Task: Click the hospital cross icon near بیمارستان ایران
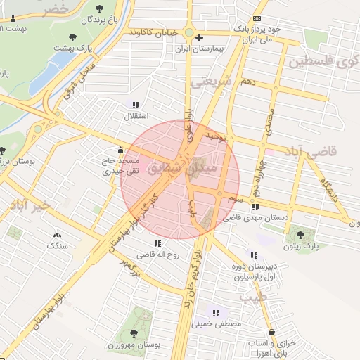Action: pos(200,37)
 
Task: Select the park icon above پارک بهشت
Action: pos(70,37)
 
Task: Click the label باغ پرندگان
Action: pos(87,20)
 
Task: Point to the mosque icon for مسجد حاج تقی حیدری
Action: pos(120,150)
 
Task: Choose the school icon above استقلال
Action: pos(135,104)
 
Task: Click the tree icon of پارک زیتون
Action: pos(301,234)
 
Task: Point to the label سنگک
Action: pos(58,246)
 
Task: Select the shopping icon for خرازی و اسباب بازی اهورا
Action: pos(271,332)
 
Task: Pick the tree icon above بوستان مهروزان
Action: pos(134,333)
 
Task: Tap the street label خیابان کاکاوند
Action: pos(161,33)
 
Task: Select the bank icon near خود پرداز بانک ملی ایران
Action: pos(257,19)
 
